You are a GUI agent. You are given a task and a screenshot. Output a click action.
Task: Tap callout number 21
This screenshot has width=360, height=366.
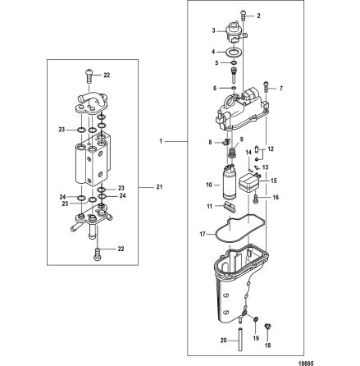coord(161,187)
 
